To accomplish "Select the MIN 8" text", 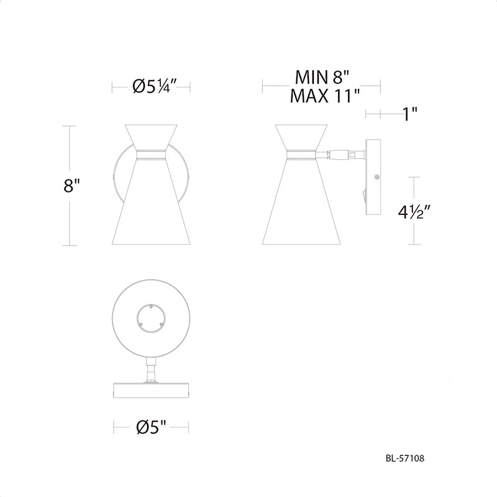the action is coord(322,77).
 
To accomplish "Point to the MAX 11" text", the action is coord(325,96).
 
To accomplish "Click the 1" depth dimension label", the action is coord(409,114).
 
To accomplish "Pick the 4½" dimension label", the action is coord(414,212).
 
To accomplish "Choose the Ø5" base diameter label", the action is coord(151,427).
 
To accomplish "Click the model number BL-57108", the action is coord(405,458).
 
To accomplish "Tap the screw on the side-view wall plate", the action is coord(377,177).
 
